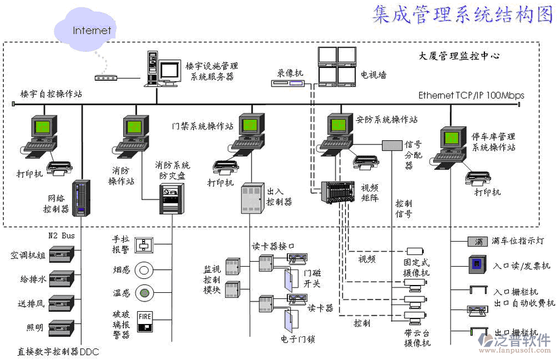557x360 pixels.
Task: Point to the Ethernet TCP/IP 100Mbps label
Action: click(x=471, y=96)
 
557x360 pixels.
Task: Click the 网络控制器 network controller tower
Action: click(x=82, y=198)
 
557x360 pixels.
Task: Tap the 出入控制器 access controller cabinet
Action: click(x=251, y=198)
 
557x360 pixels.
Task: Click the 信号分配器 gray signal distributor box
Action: click(x=392, y=145)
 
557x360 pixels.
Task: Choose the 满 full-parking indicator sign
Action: click(x=478, y=242)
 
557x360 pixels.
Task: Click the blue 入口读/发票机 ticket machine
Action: click(x=476, y=265)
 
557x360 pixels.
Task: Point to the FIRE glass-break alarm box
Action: click(x=145, y=321)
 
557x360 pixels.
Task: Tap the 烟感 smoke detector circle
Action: click(x=145, y=269)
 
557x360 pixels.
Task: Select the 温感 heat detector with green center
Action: click(x=145, y=293)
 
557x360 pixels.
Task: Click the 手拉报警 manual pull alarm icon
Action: click(x=145, y=243)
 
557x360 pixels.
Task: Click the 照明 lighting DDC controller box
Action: click(x=62, y=328)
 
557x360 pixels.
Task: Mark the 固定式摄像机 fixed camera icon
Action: click(x=415, y=251)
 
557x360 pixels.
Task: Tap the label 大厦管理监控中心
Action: click(x=459, y=56)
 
